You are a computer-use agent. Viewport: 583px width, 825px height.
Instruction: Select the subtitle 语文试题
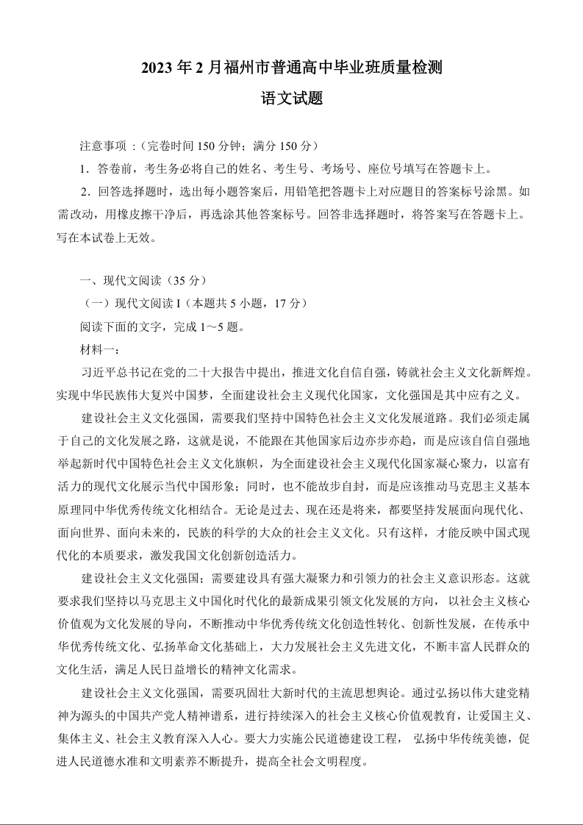pos(291,99)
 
